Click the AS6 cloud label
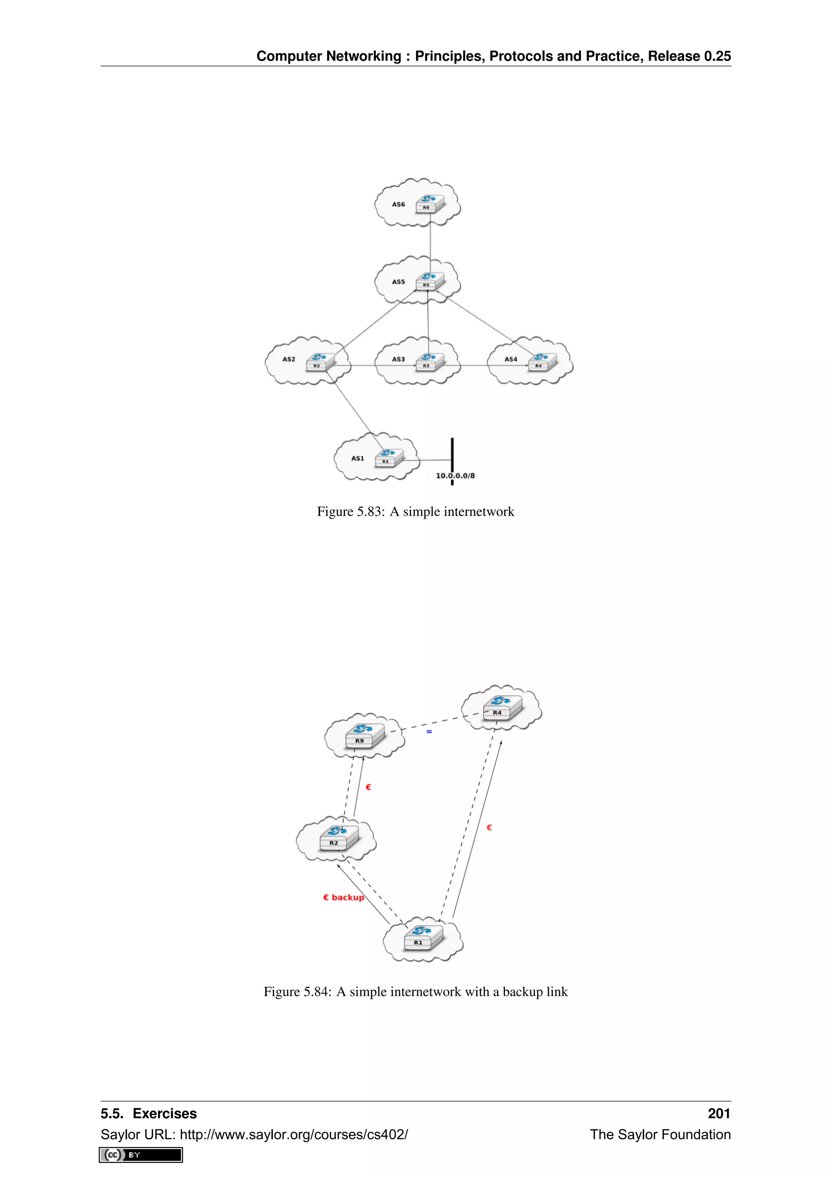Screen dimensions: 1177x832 coord(398,204)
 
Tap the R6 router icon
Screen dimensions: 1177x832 coord(429,204)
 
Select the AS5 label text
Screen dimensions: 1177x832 coord(398,282)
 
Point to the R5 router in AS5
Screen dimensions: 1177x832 coord(429,281)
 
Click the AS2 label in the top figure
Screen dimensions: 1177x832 coord(288,359)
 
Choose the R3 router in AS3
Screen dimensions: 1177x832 coord(429,361)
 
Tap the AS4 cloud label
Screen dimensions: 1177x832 coord(510,359)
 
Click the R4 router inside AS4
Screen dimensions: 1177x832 coord(542,361)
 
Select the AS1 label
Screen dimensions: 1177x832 coord(357,458)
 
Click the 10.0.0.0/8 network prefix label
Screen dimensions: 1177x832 coord(455,476)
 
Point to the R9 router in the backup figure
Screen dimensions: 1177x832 coord(364,736)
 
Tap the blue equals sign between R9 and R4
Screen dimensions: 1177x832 coord(429,732)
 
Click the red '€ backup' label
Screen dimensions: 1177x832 coord(343,897)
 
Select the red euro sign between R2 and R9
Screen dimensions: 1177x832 coord(368,787)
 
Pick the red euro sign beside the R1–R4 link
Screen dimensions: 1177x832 coord(489,827)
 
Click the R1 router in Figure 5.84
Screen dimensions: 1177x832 coord(422,938)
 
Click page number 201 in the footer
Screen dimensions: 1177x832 coord(719,1114)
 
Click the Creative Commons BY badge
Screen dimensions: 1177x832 coord(141,1155)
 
